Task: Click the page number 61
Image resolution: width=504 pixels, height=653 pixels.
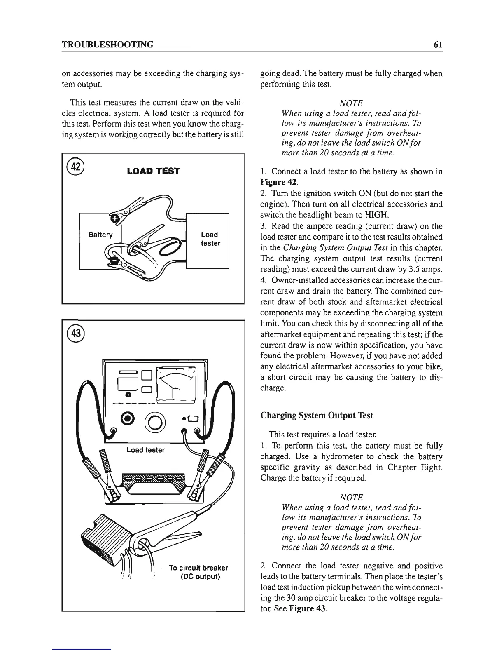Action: pos(438,44)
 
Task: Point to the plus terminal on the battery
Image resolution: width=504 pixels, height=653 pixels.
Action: pos(117,218)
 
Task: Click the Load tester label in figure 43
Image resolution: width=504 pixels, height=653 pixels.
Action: pos(145,450)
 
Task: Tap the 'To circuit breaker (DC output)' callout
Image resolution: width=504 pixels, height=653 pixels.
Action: pos(198,572)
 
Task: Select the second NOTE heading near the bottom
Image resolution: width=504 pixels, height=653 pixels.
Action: pos(351,498)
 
